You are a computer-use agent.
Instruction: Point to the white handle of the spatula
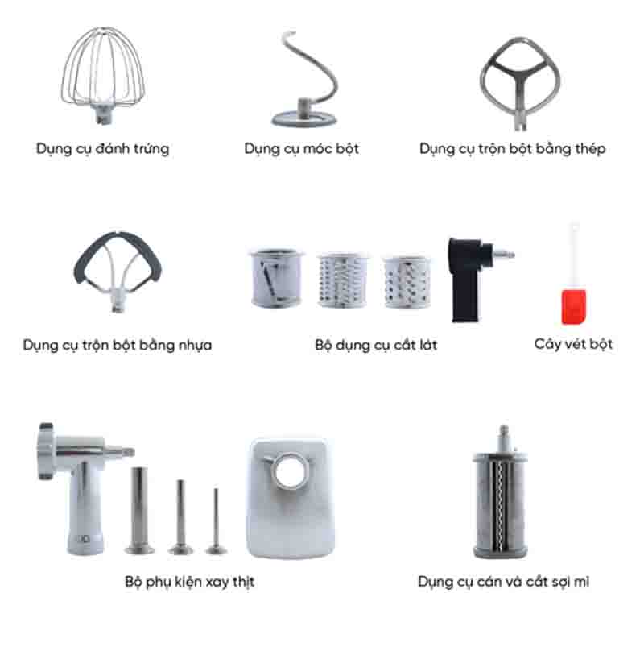pyautogui.click(x=574, y=250)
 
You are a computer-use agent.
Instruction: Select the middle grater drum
pyautogui.click(x=341, y=280)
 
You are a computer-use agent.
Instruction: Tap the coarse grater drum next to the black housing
pyautogui.click(x=407, y=282)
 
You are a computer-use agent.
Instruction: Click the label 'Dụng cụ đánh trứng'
pyautogui.click(x=102, y=149)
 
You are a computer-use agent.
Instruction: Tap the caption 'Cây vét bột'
pyautogui.click(x=573, y=344)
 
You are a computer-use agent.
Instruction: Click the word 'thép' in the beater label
pyautogui.click(x=589, y=149)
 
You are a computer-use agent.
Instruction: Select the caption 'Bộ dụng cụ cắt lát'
pyautogui.click(x=376, y=346)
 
